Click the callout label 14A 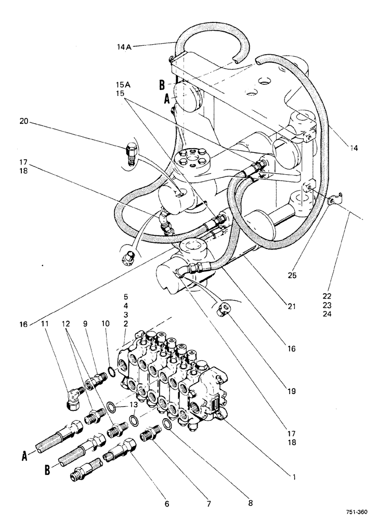[x=124, y=46]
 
